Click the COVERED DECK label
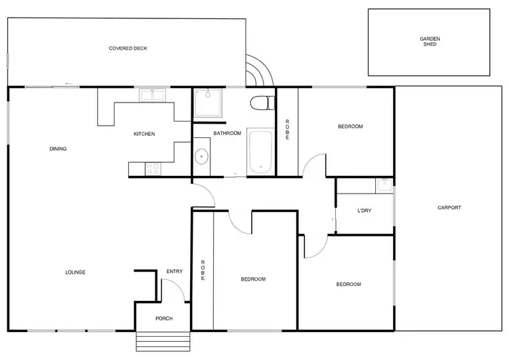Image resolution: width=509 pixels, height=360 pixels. coord(128,48)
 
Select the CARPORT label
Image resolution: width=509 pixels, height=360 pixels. coord(449,208)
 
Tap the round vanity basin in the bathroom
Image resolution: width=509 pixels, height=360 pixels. coord(202,156)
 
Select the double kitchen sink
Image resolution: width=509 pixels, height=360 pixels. coord(152,96)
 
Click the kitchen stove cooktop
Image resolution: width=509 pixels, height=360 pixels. coord(153,168)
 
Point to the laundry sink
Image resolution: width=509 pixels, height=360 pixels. coord(383,185)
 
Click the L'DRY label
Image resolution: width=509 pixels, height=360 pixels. coord(364,211)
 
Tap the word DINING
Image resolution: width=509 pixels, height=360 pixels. coord(58,149)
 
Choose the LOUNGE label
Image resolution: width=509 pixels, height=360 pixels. coord(75,272)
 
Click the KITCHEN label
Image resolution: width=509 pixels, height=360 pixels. coord(144,134)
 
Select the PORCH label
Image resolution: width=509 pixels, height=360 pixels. coord(164,318)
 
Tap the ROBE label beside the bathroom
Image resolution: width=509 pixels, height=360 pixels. coord(287,130)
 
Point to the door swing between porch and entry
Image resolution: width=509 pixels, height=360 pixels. coord(175,290)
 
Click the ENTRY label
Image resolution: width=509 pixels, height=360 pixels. coord(174,272)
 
